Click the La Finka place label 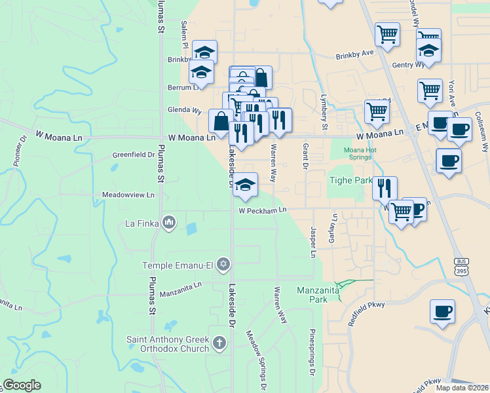142,223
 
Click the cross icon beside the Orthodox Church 219,342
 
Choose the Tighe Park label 349,180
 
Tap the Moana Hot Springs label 360,154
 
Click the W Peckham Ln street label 263,211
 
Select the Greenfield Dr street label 132,155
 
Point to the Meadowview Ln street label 128,195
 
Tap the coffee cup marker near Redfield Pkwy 443,311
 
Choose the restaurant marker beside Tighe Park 385,187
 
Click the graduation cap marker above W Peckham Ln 245,185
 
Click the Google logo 22,385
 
